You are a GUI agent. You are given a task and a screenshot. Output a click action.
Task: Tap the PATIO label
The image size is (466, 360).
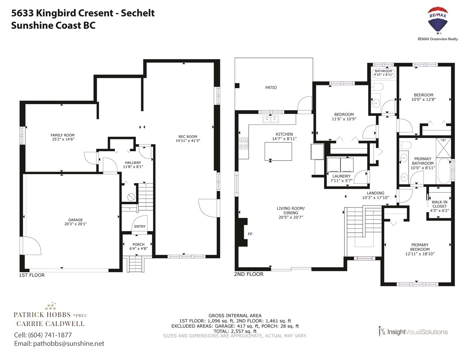[x=271, y=87]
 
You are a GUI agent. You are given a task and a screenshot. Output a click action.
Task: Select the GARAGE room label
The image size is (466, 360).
[x=75, y=220]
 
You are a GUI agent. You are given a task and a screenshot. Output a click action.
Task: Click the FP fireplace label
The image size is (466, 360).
[x=250, y=234]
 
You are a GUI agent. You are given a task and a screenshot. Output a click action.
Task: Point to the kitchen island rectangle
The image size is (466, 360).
[x=278, y=151]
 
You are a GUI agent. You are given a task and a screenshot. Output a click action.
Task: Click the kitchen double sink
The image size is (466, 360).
[x=270, y=119]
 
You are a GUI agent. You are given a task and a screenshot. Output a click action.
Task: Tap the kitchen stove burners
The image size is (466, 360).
[x=244, y=143]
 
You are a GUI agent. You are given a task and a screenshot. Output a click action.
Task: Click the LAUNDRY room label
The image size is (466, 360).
[x=341, y=176]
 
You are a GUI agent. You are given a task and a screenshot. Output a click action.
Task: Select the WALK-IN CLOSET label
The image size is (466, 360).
[x=439, y=204]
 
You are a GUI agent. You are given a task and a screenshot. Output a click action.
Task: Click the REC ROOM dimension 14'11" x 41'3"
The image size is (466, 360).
[x=188, y=141]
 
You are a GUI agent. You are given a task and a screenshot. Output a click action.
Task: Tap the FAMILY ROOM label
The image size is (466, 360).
[x=62, y=135]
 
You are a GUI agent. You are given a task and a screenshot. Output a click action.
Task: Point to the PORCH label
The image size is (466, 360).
[x=138, y=245]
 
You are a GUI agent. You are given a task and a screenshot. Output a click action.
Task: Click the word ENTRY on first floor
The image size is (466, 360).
[x=140, y=226]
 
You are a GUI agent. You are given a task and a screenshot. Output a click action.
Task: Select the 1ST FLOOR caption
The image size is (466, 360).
[x=32, y=275]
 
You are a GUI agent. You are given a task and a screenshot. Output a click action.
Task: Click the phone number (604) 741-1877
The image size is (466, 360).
[x=50, y=335]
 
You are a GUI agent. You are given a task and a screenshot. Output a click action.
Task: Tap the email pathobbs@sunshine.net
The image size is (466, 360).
[x=68, y=344]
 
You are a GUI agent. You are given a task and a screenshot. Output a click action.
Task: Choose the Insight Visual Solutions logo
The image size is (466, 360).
[x=412, y=332]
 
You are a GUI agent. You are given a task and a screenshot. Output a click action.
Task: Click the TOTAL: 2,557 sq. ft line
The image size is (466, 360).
[x=235, y=331]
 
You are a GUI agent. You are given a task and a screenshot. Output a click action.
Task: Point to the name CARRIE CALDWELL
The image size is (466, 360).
[x=50, y=324]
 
